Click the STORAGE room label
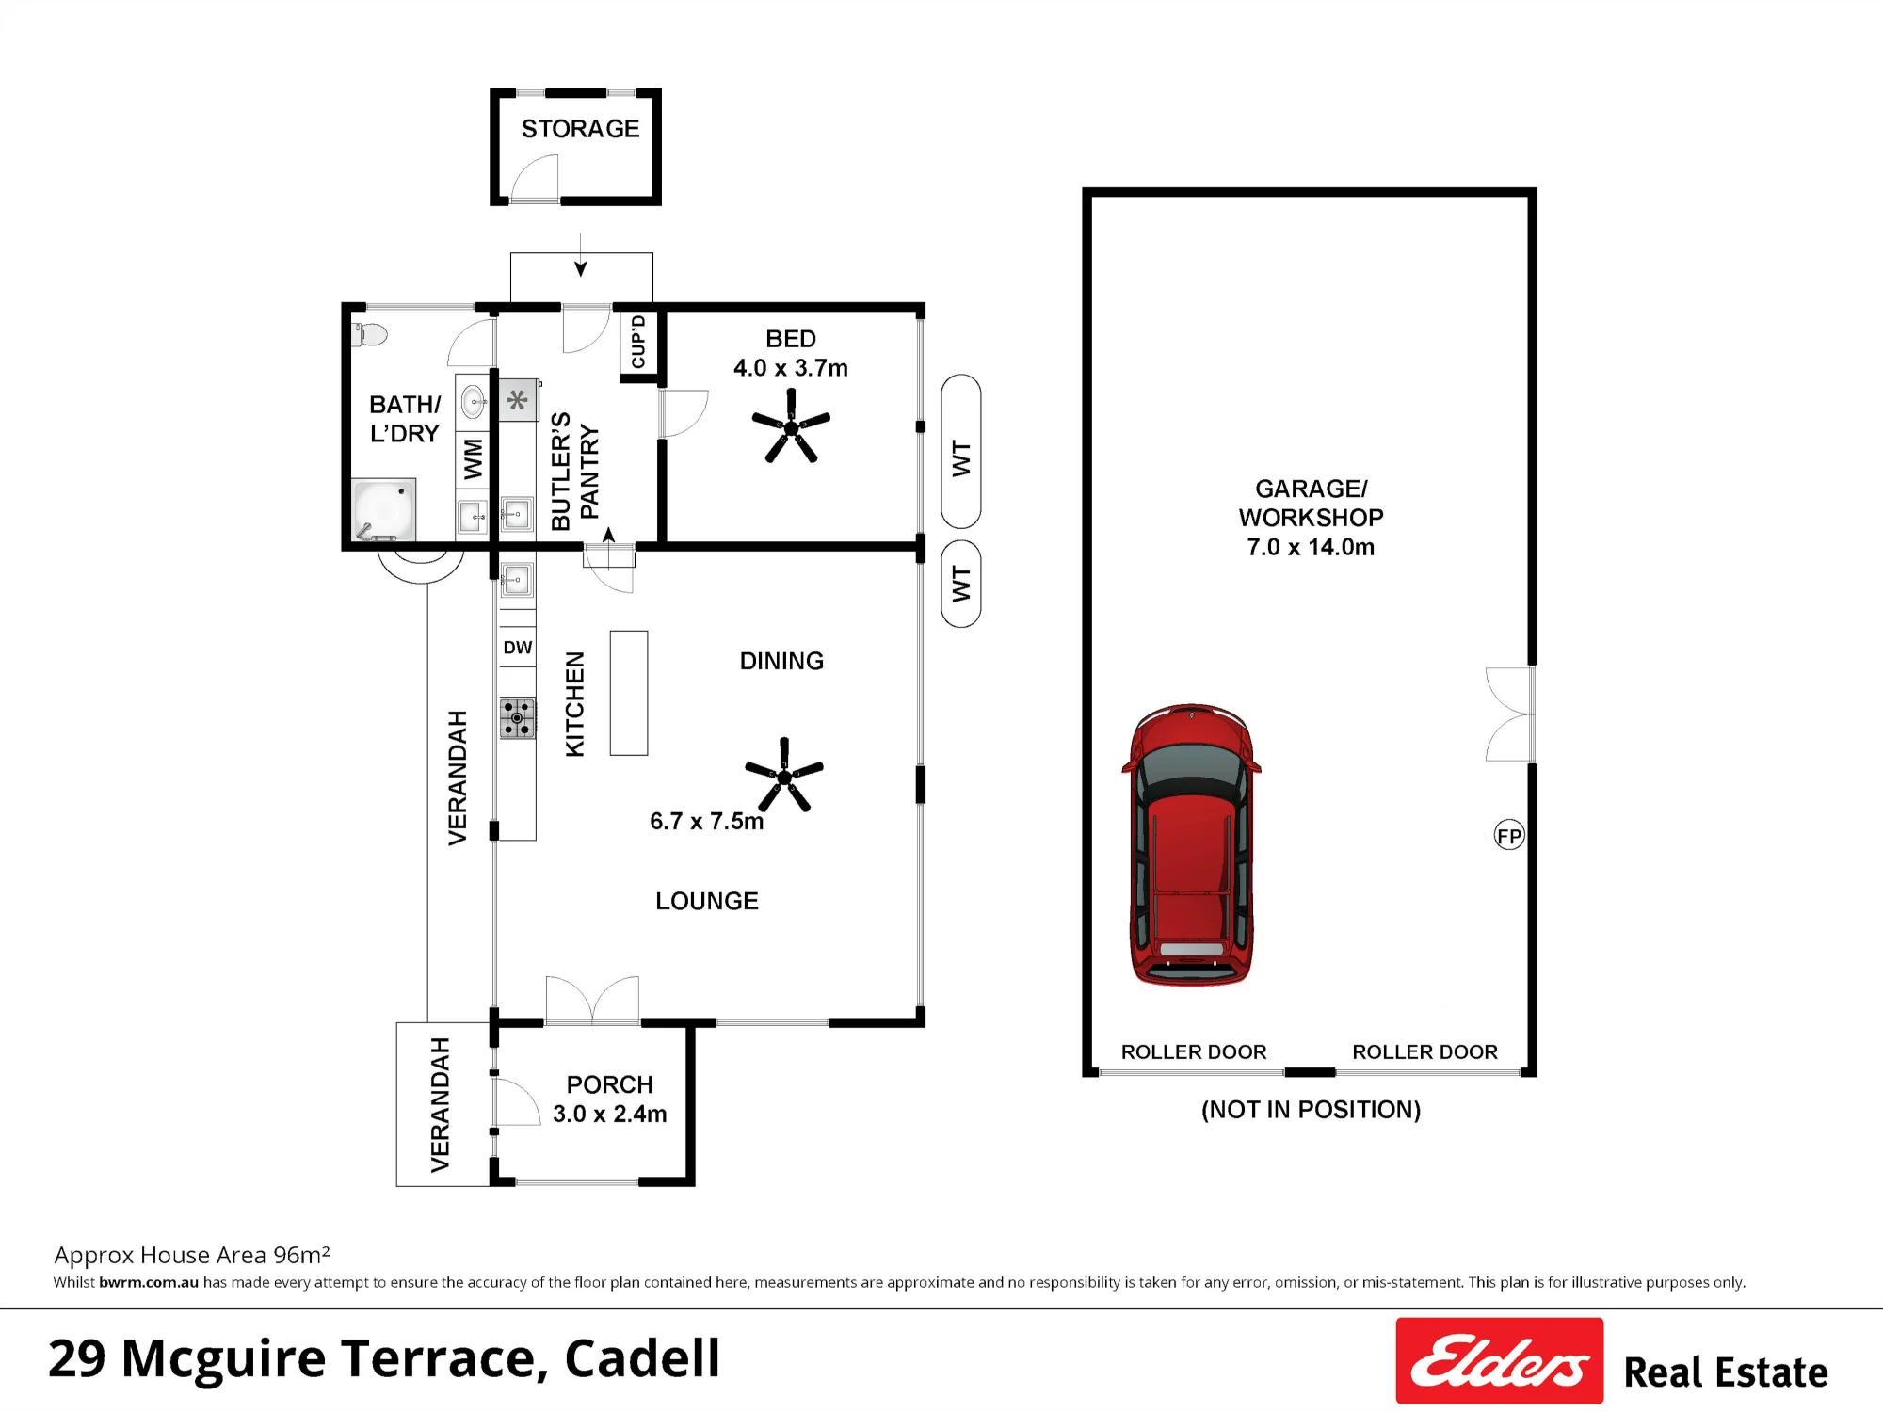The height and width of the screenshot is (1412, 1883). click(580, 128)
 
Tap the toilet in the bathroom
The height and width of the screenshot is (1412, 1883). click(369, 333)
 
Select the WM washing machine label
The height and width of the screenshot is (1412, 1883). click(473, 459)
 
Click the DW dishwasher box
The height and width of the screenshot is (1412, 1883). click(517, 647)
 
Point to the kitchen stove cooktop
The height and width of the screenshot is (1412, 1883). click(517, 718)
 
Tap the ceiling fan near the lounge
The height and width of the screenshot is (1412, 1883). click(784, 776)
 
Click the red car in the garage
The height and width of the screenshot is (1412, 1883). click(1191, 844)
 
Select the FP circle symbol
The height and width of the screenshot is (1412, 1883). click(1509, 835)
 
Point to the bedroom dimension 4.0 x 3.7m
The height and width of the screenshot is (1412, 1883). click(791, 368)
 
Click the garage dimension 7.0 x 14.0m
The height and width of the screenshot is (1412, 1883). click(1311, 547)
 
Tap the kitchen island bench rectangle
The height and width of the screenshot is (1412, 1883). click(629, 693)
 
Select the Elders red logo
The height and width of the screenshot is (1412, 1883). click(1499, 1360)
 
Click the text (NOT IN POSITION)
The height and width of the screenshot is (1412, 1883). click(1311, 1110)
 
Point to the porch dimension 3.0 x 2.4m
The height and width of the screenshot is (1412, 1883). click(610, 1114)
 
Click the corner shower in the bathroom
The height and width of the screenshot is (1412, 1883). click(383, 510)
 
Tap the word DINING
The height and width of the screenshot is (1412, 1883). click(781, 661)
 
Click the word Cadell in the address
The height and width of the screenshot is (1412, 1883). click(642, 1358)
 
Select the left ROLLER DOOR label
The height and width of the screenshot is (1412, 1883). click(1194, 1051)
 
